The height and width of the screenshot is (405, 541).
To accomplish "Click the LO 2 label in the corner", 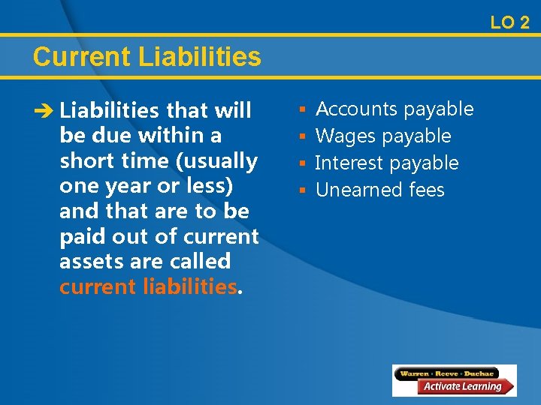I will [509, 22].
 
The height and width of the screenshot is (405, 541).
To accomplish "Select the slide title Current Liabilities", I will [147, 57].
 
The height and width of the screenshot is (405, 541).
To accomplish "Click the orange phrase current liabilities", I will [148, 286].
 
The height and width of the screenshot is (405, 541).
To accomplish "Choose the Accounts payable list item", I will [394, 109].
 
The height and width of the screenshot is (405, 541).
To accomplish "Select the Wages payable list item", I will [383, 136].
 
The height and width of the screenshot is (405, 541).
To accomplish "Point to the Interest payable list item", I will [387, 163].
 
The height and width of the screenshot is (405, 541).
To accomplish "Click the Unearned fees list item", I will [380, 190].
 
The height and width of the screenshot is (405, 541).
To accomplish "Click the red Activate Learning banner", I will [463, 387].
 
